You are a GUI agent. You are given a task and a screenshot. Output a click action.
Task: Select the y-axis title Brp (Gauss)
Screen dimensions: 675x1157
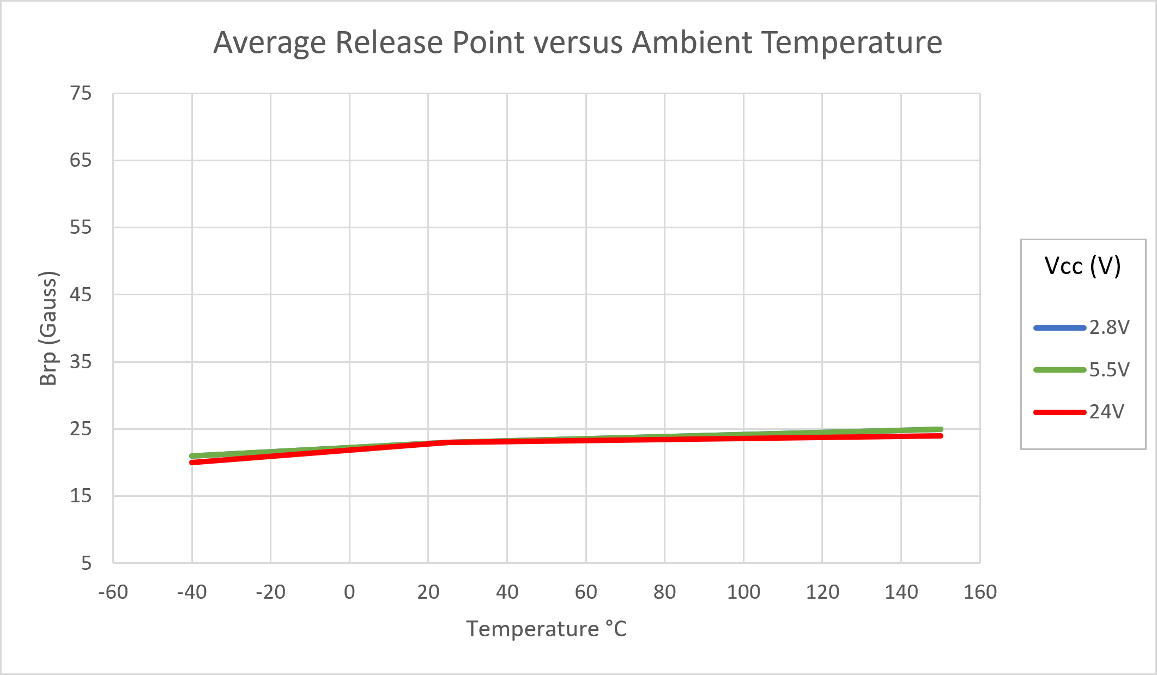tap(49, 328)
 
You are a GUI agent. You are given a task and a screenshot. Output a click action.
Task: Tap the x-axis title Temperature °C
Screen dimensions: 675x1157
tap(547, 629)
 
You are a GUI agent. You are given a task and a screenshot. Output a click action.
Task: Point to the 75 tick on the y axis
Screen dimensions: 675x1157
tap(81, 94)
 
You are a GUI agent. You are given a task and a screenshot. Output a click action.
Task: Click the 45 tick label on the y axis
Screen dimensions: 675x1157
tap(81, 295)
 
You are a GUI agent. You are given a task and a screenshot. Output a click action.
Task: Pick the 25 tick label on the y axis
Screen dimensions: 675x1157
tap(81, 429)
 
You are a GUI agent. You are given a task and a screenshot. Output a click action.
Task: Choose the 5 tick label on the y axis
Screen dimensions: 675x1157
tap(86, 563)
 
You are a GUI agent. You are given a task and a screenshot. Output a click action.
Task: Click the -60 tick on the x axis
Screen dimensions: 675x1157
tap(113, 592)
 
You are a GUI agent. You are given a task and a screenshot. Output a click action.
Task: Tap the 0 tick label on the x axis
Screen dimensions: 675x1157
tap(349, 592)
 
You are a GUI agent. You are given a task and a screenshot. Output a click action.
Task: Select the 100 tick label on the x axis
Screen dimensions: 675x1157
tap(743, 592)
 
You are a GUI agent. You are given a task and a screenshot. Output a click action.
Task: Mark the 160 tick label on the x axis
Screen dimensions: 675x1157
tap(980, 592)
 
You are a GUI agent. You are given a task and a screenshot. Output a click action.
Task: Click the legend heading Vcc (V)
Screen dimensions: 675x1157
tap(1082, 266)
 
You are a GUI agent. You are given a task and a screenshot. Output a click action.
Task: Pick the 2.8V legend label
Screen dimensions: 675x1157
tap(1109, 327)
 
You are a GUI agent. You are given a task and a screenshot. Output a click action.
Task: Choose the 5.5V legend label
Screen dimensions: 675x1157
tap(1109, 370)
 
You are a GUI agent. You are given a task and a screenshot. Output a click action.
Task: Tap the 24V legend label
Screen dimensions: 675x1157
tap(1106, 412)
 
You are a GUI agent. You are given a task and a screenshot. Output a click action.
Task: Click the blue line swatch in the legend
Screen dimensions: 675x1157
tap(1059, 328)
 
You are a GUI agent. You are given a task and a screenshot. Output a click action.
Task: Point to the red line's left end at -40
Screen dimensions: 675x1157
tap(192, 463)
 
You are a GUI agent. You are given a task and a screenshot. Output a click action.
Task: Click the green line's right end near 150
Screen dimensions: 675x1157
tap(940, 429)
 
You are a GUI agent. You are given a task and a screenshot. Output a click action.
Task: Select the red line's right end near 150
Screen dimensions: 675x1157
tap(940, 436)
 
